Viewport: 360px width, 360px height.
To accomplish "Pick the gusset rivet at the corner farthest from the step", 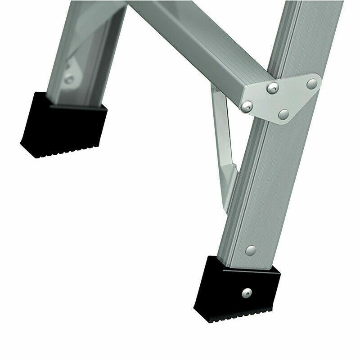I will click(311, 83).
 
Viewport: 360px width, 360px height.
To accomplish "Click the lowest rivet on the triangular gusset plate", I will click(283, 114).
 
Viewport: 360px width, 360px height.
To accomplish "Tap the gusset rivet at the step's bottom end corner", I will click(246, 106).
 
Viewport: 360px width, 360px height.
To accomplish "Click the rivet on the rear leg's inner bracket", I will click(68, 80).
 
